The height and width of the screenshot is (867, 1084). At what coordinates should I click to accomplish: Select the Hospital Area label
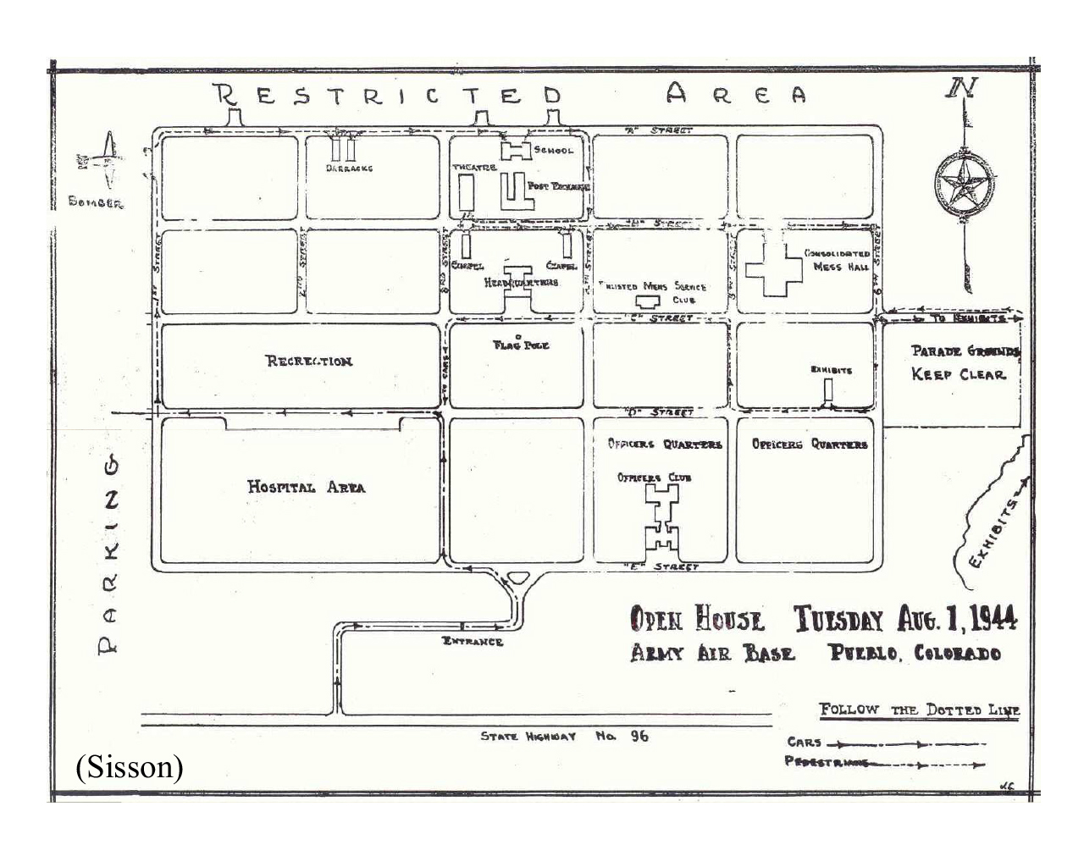(306, 487)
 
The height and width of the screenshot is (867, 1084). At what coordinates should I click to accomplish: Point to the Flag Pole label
(521, 345)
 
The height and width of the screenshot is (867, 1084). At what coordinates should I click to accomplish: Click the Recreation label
(309, 362)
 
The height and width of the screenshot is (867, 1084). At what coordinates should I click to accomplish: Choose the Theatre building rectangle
(466, 194)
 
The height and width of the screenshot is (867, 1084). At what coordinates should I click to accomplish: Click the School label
(554, 151)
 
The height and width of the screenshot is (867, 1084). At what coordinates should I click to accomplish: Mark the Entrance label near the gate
(473, 642)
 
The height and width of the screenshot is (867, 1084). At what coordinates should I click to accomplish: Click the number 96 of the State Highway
(639, 737)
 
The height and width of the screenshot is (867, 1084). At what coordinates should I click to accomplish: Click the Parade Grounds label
(965, 351)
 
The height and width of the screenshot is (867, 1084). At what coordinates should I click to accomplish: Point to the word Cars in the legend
(804, 743)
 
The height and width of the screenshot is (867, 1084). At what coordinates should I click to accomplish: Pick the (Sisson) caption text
(129, 766)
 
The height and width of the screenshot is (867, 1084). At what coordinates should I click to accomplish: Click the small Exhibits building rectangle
(828, 389)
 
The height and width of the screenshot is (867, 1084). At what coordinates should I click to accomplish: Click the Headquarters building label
(521, 282)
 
